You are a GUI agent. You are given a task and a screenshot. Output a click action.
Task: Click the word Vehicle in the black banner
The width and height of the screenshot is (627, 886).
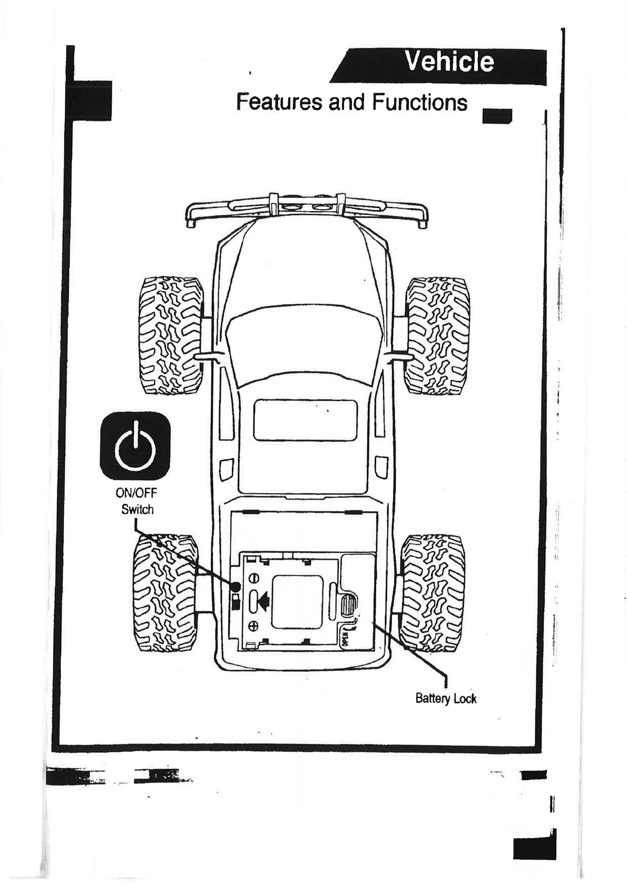point(449,62)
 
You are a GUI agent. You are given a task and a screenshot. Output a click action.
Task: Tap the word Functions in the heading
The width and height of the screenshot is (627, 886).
point(419,102)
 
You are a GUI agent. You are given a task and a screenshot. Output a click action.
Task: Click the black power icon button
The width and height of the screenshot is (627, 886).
point(135,445)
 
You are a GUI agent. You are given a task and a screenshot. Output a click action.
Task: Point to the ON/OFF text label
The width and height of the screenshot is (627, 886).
point(136,493)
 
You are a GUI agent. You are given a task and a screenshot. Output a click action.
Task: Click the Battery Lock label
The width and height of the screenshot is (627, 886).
point(445,699)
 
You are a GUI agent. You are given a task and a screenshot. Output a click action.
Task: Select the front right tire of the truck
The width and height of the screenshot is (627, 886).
point(437,335)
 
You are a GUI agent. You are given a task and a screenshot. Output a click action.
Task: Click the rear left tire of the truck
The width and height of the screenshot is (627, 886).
point(165,593)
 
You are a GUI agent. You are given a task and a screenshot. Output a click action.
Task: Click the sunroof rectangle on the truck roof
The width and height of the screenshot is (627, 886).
point(306,420)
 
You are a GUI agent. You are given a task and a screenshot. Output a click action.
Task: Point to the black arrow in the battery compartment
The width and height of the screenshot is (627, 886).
point(263,599)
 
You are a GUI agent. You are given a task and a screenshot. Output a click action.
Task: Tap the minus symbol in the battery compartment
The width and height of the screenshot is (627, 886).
point(254,578)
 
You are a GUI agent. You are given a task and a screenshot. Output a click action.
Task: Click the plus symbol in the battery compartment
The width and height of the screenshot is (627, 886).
point(254,625)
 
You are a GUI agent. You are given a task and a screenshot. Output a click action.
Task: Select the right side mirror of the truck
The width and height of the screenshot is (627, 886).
point(399,356)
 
